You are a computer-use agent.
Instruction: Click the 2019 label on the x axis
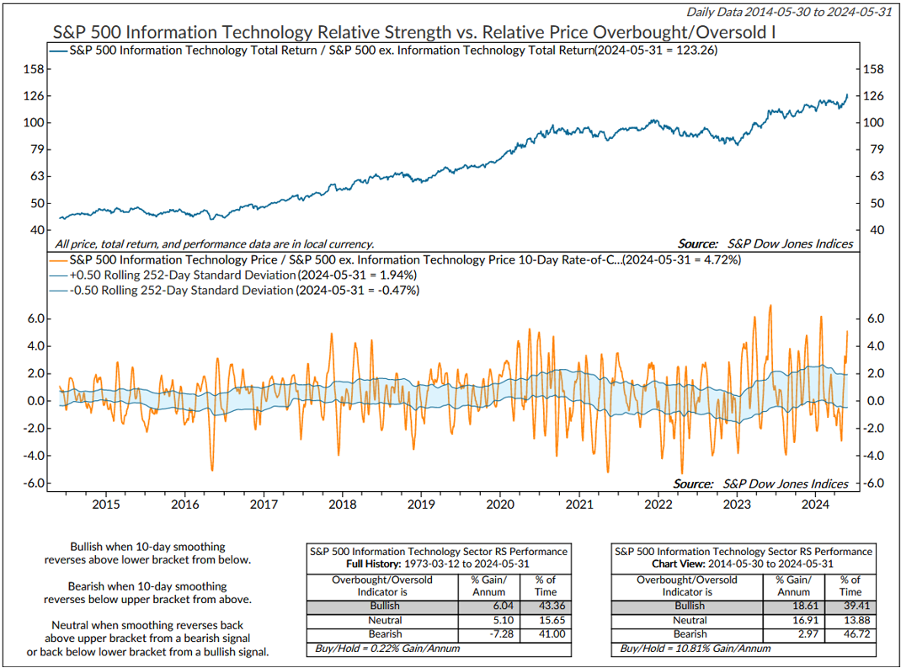pos(421,504)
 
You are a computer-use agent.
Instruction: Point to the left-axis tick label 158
pos(35,69)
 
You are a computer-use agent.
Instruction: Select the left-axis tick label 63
pos(37,176)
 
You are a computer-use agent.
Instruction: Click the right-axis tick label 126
pos(875,96)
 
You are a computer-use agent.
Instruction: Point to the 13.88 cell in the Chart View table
pos(850,620)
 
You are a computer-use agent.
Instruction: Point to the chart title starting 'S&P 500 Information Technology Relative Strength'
pos(413,32)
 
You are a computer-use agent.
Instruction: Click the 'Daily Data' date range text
pos(790,11)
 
